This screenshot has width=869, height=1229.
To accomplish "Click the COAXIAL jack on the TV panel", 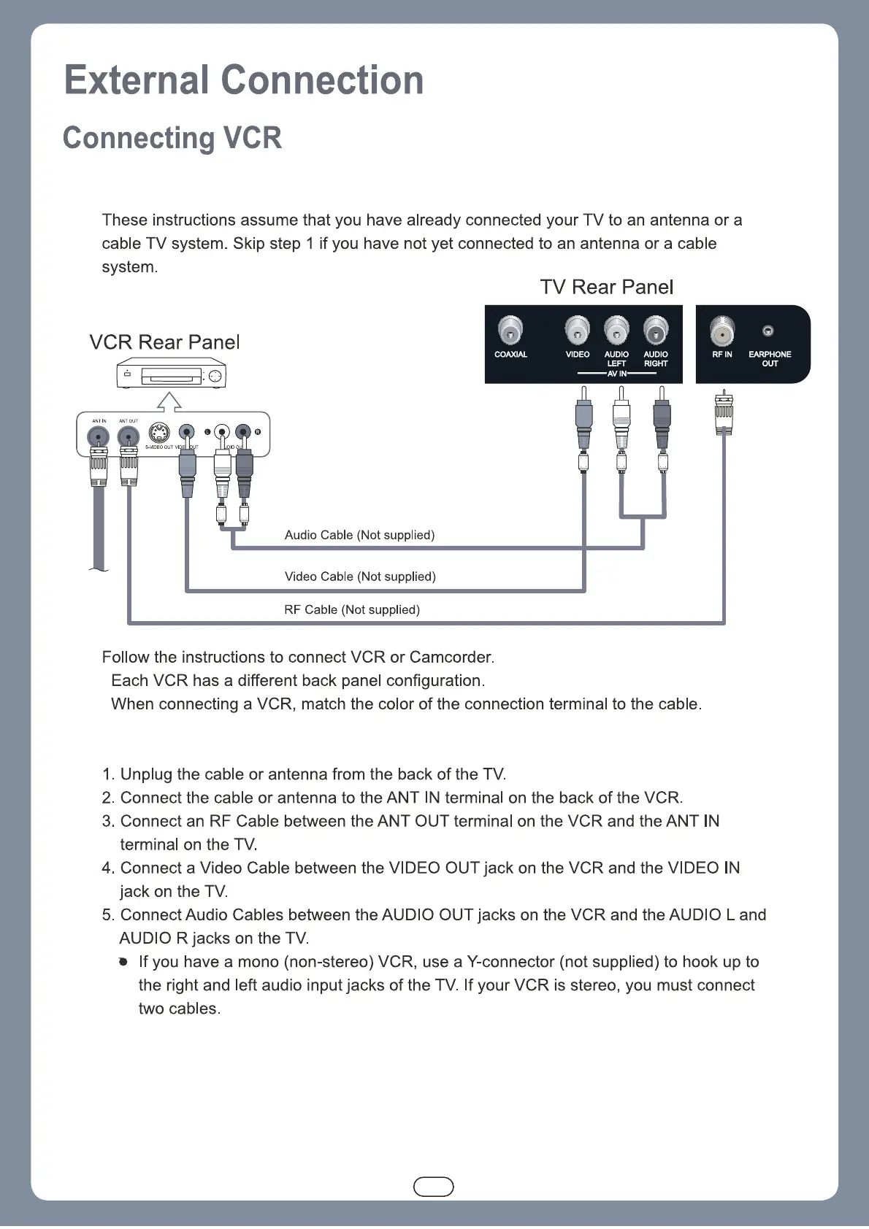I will (x=510, y=331).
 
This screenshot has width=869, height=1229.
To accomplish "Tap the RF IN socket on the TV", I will (x=721, y=331).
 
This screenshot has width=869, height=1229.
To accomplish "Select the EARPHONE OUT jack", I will (x=767, y=331).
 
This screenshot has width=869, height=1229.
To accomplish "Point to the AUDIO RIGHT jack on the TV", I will (x=655, y=331).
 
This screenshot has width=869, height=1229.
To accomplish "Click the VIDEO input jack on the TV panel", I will (x=577, y=331).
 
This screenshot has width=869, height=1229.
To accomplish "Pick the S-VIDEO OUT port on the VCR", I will (x=159, y=433).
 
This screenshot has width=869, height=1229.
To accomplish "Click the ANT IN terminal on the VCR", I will (x=99, y=436).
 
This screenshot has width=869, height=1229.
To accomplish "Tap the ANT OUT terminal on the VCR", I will (x=129, y=436).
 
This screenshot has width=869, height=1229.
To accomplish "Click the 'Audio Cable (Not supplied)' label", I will (x=359, y=535).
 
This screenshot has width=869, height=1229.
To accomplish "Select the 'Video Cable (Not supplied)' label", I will (x=360, y=577).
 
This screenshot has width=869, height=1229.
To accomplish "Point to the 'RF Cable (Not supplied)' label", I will (x=352, y=609).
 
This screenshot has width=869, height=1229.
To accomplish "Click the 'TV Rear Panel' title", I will (x=606, y=287).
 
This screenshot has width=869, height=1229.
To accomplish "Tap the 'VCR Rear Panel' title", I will (x=164, y=342).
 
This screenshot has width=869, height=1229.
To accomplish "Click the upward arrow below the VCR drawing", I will (x=169, y=401).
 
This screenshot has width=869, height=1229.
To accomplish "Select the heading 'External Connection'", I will (x=244, y=80).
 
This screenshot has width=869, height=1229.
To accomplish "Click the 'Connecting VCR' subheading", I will (x=172, y=138).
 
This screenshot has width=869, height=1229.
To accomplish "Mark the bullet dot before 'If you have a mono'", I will (x=123, y=962).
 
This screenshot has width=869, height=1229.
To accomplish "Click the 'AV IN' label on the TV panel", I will (x=616, y=374).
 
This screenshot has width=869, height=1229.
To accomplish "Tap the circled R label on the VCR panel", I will (x=258, y=432).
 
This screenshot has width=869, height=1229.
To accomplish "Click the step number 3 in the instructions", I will (x=108, y=821).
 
